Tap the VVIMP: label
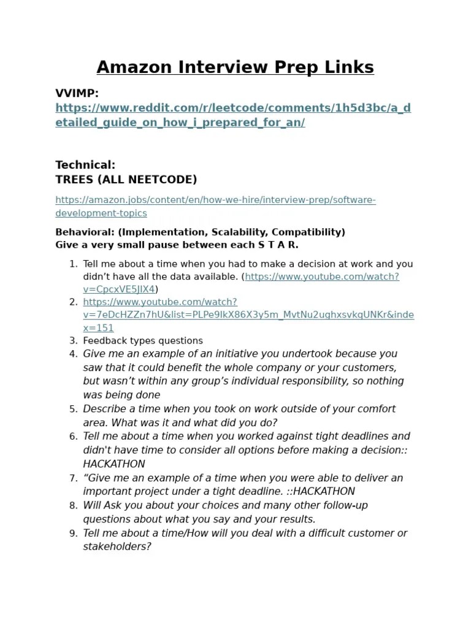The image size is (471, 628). pyautogui.click(x=77, y=93)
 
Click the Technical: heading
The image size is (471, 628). pyautogui.click(x=85, y=164)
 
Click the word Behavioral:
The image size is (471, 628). pyautogui.click(x=85, y=232)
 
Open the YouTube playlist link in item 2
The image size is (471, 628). pyautogui.click(x=248, y=315)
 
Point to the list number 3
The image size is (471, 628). pyautogui.click(x=73, y=340)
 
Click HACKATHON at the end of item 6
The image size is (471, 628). pyautogui.click(x=114, y=464)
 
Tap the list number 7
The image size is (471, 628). pyautogui.click(x=73, y=478)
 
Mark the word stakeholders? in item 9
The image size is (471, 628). pyautogui.click(x=117, y=546)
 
